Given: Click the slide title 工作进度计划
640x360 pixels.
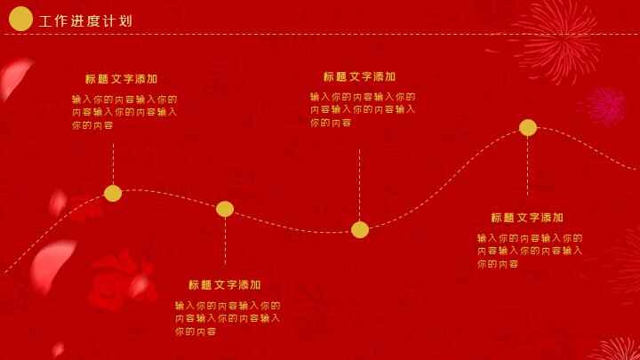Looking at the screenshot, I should [85, 21].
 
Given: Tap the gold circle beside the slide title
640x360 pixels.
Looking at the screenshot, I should [20, 19].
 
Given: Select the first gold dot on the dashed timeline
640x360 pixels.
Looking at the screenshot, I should [113, 193].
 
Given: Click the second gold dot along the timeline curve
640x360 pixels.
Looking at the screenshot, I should [225, 209].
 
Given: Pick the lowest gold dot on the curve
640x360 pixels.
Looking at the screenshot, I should [360, 229].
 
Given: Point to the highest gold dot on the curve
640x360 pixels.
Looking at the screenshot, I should [528, 127].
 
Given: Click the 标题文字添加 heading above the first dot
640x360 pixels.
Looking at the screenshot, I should [122, 79].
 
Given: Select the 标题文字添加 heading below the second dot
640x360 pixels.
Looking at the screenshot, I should [225, 285].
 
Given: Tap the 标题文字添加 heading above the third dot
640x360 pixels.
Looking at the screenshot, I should [359, 77].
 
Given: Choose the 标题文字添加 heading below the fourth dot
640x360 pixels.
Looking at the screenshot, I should [527, 218].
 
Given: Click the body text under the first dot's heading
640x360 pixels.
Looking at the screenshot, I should [124, 112].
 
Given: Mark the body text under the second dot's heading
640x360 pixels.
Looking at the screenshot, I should [228, 318].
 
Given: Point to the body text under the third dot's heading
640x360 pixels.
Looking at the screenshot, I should [363, 109].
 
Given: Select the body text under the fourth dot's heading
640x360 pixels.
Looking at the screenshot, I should [530, 251].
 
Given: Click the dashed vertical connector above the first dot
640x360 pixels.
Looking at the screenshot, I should [113, 162].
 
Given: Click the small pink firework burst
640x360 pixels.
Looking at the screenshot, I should [606, 105].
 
